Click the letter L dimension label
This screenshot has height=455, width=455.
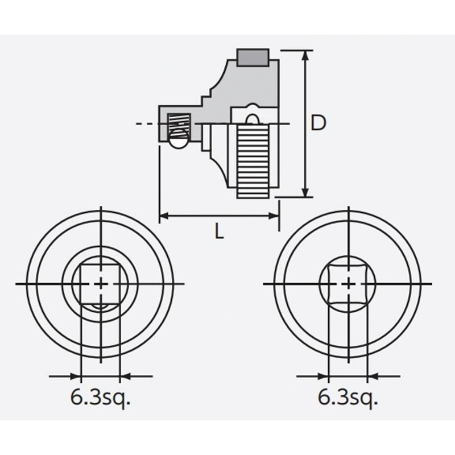tap(219, 231)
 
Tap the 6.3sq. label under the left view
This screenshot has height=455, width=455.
tap(101, 398)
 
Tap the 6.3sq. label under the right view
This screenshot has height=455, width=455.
tap(348, 398)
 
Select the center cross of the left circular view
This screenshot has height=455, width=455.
tap(101, 283)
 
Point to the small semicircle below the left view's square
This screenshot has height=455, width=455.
tap(101, 307)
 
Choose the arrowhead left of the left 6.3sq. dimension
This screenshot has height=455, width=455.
tap(76, 376)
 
